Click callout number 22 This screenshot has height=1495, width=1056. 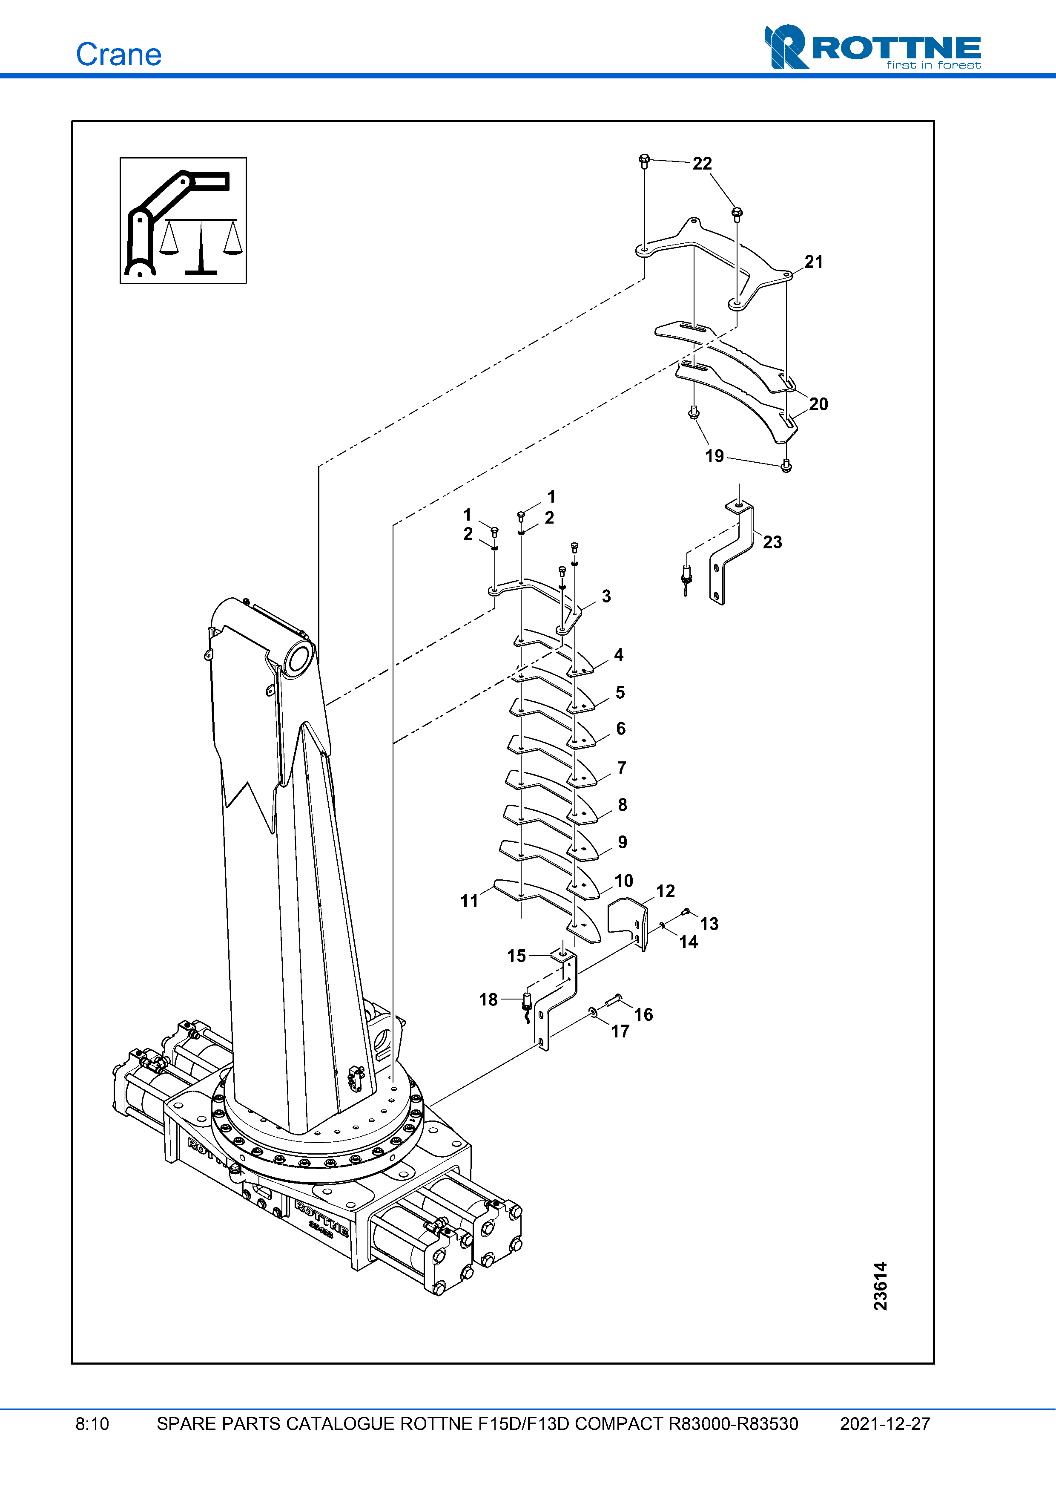(x=702, y=164)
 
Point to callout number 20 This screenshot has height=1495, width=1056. (x=818, y=404)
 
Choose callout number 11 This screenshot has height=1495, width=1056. (x=469, y=901)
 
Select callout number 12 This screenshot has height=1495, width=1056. (x=665, y=891)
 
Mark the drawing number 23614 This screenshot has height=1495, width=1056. (x=880, y=1285)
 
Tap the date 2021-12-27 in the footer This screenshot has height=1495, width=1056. (x=884, y=1423)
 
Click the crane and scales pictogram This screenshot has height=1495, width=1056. (x=183, y=221)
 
